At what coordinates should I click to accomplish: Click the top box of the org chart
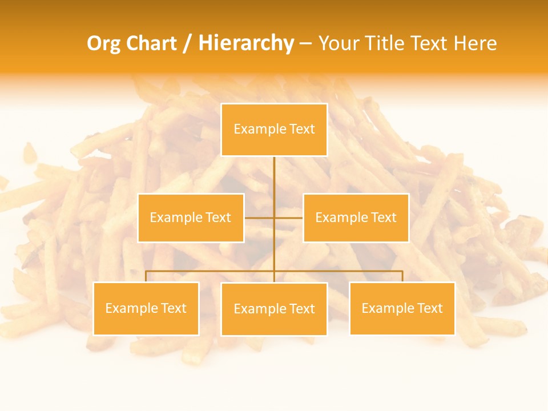[274, 130]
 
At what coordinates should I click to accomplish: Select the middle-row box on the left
[191, 217]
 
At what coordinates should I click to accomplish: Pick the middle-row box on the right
[356, 217]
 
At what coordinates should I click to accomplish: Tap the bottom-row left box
[146, 308]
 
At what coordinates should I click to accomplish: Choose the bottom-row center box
[274, 309]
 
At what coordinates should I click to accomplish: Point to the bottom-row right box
[402, 308]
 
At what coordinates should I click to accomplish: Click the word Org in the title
[103, 43]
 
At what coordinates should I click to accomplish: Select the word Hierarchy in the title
[245, 43]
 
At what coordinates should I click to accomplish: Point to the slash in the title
[188, 43]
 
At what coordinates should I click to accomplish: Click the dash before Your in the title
[305, 43]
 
